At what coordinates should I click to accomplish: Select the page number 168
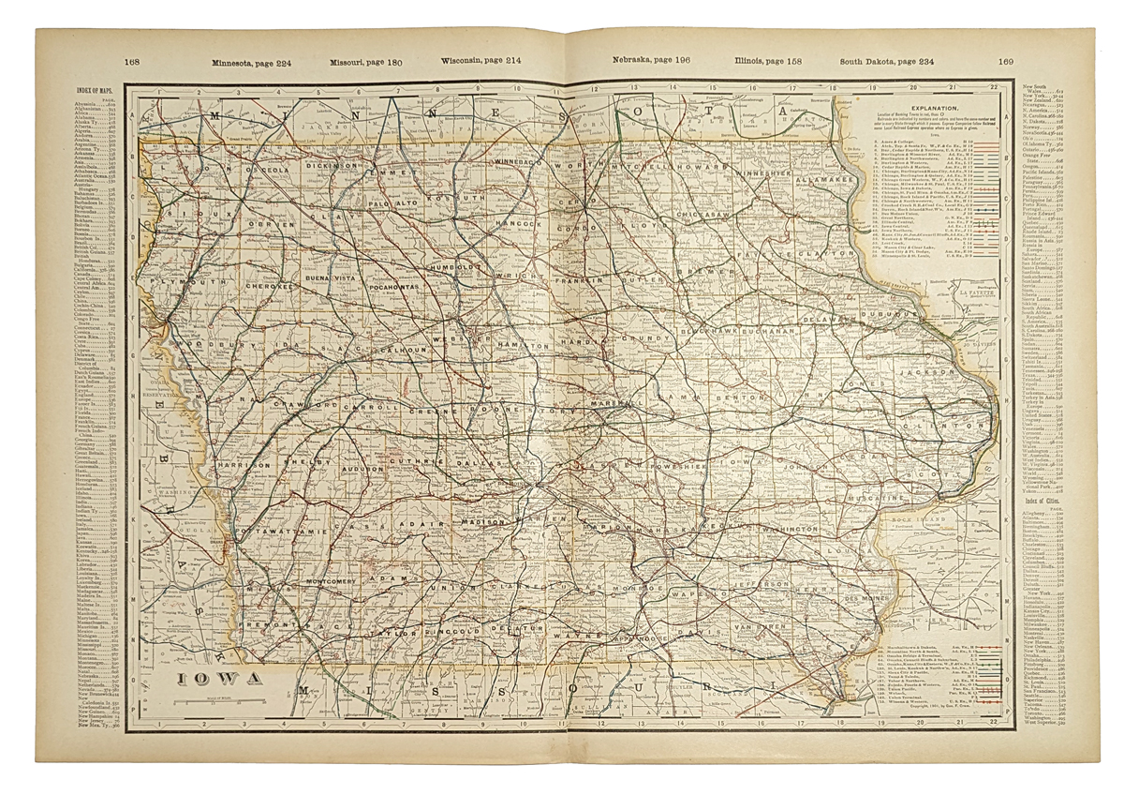click(x=132, y=63)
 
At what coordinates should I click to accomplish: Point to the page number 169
click(x=1006, y=63)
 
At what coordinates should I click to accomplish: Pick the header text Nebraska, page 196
click(x=651, y=63)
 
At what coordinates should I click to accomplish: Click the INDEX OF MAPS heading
click(x=97, y=91)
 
